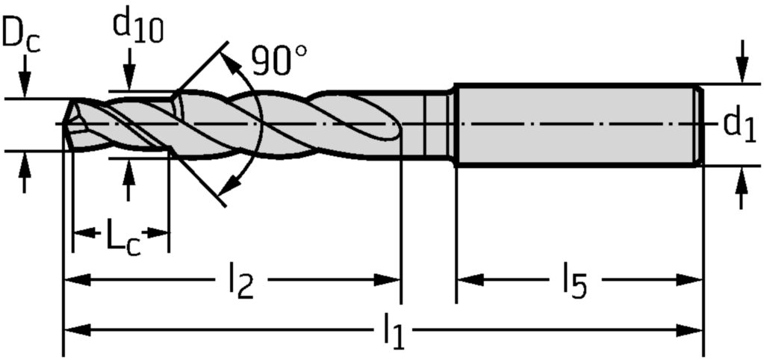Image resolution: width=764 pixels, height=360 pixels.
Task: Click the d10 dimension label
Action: coord(137,26)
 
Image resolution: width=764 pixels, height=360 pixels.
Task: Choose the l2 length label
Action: coord(240,282)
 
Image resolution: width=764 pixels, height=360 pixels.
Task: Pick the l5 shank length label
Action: coord(575,282)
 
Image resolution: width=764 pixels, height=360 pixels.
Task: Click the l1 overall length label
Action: coord(394,331)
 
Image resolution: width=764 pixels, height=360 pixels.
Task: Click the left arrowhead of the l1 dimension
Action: coord(75,328)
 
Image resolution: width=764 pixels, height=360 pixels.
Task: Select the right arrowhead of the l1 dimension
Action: coord(692,328)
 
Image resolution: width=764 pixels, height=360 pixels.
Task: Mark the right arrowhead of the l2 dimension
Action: coord(390,280)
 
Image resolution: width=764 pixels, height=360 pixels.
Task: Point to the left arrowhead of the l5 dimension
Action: coord(468,280)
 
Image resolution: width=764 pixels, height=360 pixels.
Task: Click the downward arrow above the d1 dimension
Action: coord(741,71)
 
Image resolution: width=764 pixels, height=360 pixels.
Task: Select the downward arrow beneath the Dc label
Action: coord(25,86)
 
